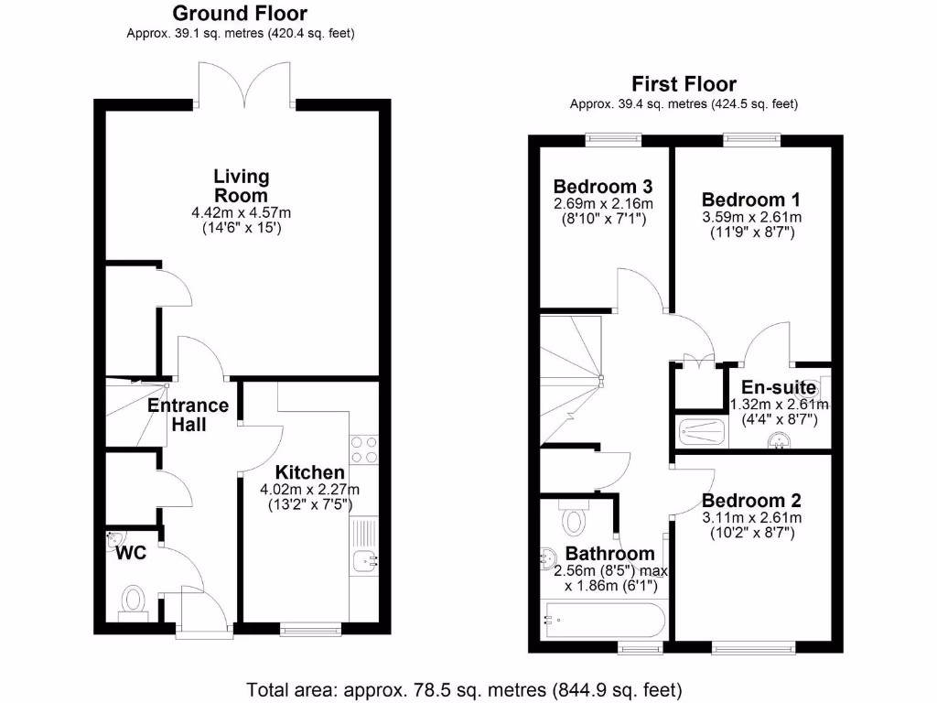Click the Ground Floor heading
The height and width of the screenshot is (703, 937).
pyautogui.click(x=240, y=14)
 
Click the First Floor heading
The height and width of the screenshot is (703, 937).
pyautogui.click(x=684, y=84)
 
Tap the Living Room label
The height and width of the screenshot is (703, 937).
pyautogui.click(x=242, y=185)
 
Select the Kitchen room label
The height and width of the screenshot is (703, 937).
pyautogui.click(x=310, y=472)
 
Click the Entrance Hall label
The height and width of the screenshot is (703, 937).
pyautogui.click(x=188, y=415)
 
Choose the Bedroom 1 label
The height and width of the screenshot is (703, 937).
pyautogui.click(x=743, y=200)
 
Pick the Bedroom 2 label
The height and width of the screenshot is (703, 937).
pyautogui.click(x=751, y=501)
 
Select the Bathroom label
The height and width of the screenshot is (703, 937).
pyautogui.click(x=609, y=554)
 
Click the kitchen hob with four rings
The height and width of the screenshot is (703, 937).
pyautogui.click(x=363, y=450)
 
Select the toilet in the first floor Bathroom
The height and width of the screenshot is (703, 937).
pyautogui.click(x=574, y=519)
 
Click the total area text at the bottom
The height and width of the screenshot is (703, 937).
pyautogui.click(x=465, y=688)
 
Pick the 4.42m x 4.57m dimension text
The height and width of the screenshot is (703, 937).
pyautogui.click(x=241, y=212)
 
